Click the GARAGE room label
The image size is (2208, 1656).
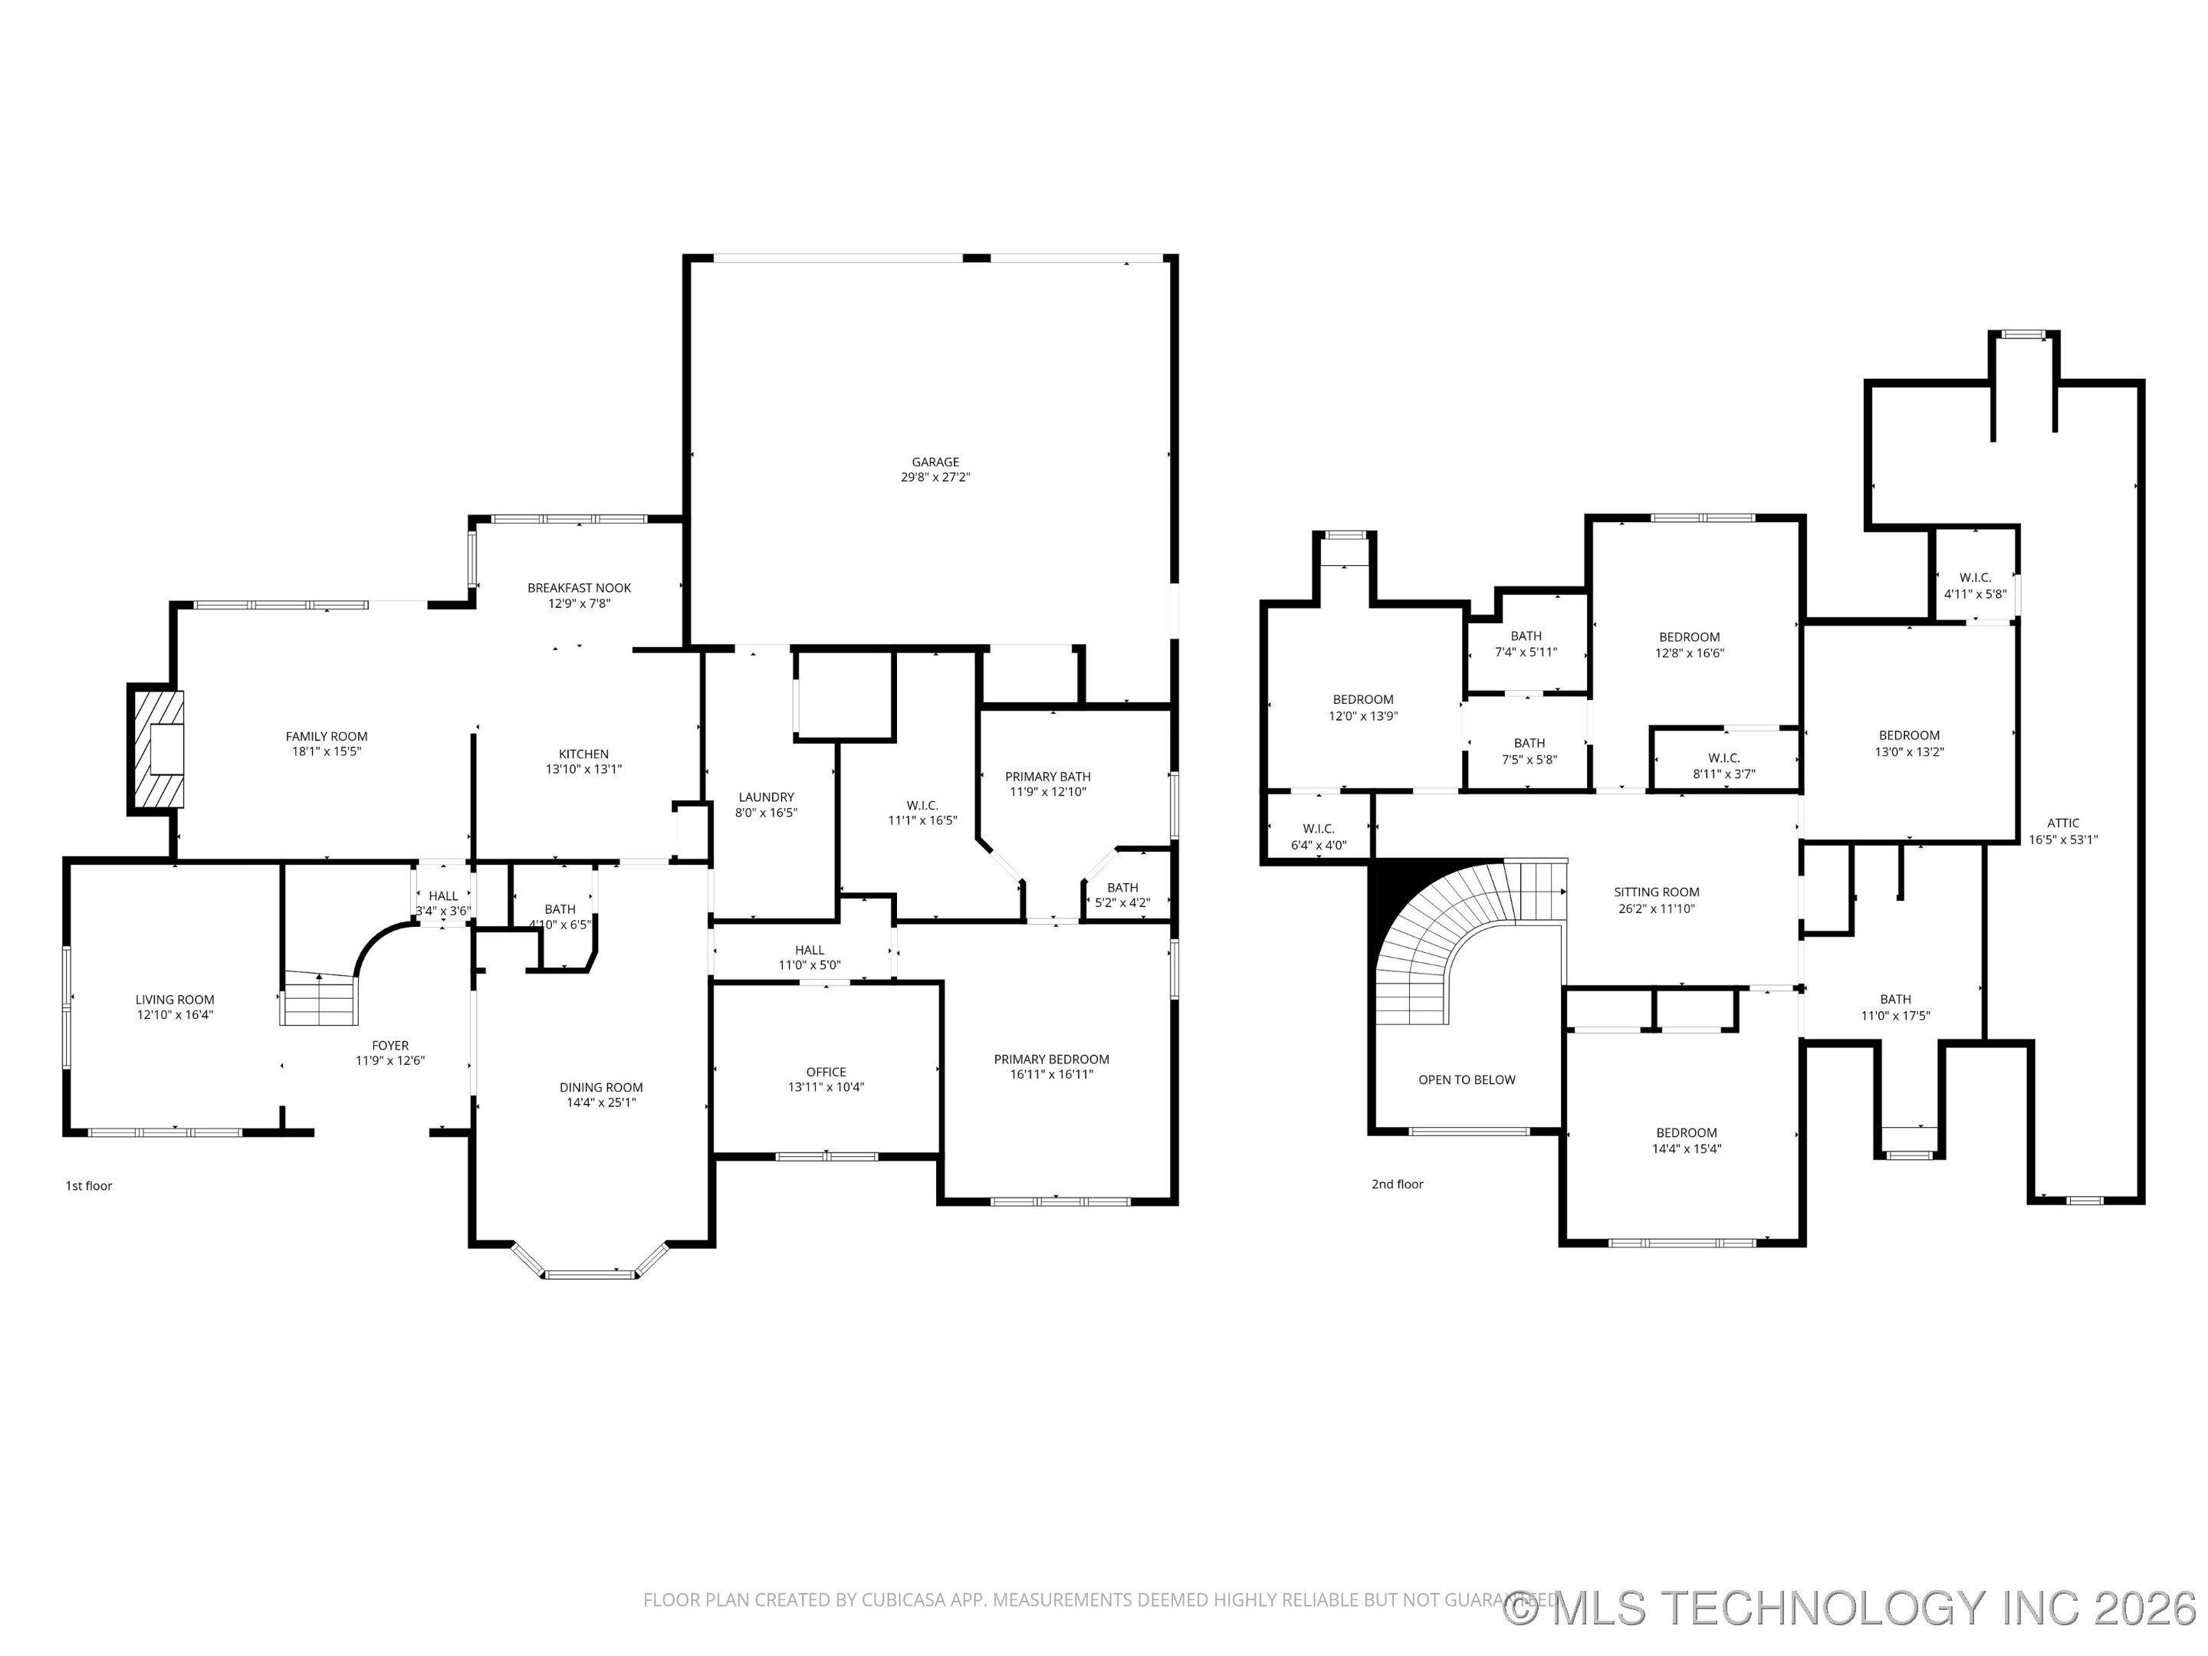tap(935, 462)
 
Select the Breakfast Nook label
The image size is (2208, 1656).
tap(579, 588)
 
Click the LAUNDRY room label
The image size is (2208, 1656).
tap(766, 797)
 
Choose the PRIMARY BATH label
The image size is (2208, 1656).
tap(1047, 777)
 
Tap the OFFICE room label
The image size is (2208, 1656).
tap(826, 1072)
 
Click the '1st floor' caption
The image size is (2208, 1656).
tap(89, 1186)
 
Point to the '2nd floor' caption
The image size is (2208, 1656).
tap(1396, 1184)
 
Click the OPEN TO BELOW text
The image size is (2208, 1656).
tap(1467, 1080)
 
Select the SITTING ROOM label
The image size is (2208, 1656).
tap(1656, 892)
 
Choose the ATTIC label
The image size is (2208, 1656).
tap(2062, 823)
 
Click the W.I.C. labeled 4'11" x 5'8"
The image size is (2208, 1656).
tap(1974, 586)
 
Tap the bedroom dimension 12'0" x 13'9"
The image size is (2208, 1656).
tap(1362, 717)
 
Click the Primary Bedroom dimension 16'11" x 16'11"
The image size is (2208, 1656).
tap(1051, 1075)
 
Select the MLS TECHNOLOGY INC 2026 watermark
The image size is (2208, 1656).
tap(1852, 1608)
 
